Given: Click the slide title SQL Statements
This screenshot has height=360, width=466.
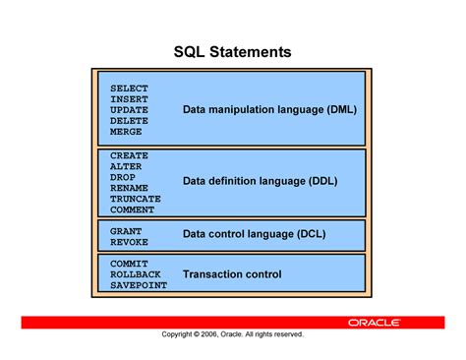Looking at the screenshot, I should [x=233, y=50].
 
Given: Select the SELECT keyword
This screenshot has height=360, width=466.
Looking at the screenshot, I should [x=129, y=89].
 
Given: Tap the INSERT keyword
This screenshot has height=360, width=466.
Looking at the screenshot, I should [x=129, y=99].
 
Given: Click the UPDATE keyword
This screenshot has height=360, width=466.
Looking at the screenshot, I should [x=129, y=110].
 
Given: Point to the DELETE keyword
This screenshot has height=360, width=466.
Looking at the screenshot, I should [x=129, y=121].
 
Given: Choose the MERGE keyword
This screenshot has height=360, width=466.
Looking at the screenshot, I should [x=126, y=132].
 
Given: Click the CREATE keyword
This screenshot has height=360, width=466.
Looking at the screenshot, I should [x=129, y=155].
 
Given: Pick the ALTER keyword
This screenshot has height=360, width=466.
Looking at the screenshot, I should [x=126, y=166].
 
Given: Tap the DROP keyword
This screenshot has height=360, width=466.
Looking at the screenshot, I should [x=123, y=177].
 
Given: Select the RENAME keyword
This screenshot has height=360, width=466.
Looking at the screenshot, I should [x=129, y=188].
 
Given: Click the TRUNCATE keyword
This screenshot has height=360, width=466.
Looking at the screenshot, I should [x=135, y=199].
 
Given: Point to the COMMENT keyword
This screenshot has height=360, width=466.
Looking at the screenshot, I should [x=132, y=210].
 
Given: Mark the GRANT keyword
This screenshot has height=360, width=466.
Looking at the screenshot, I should [x=126, y=231].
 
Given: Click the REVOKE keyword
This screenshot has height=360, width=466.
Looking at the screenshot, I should [x=129, y=242].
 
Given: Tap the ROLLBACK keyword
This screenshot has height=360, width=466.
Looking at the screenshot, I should [x=135, y=274].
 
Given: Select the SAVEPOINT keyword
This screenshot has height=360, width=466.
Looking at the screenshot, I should [x=138, y=285].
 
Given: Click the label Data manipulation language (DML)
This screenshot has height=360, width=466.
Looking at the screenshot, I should [x=269, y=109].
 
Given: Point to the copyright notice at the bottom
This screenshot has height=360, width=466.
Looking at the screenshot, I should [x=233, y=334].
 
